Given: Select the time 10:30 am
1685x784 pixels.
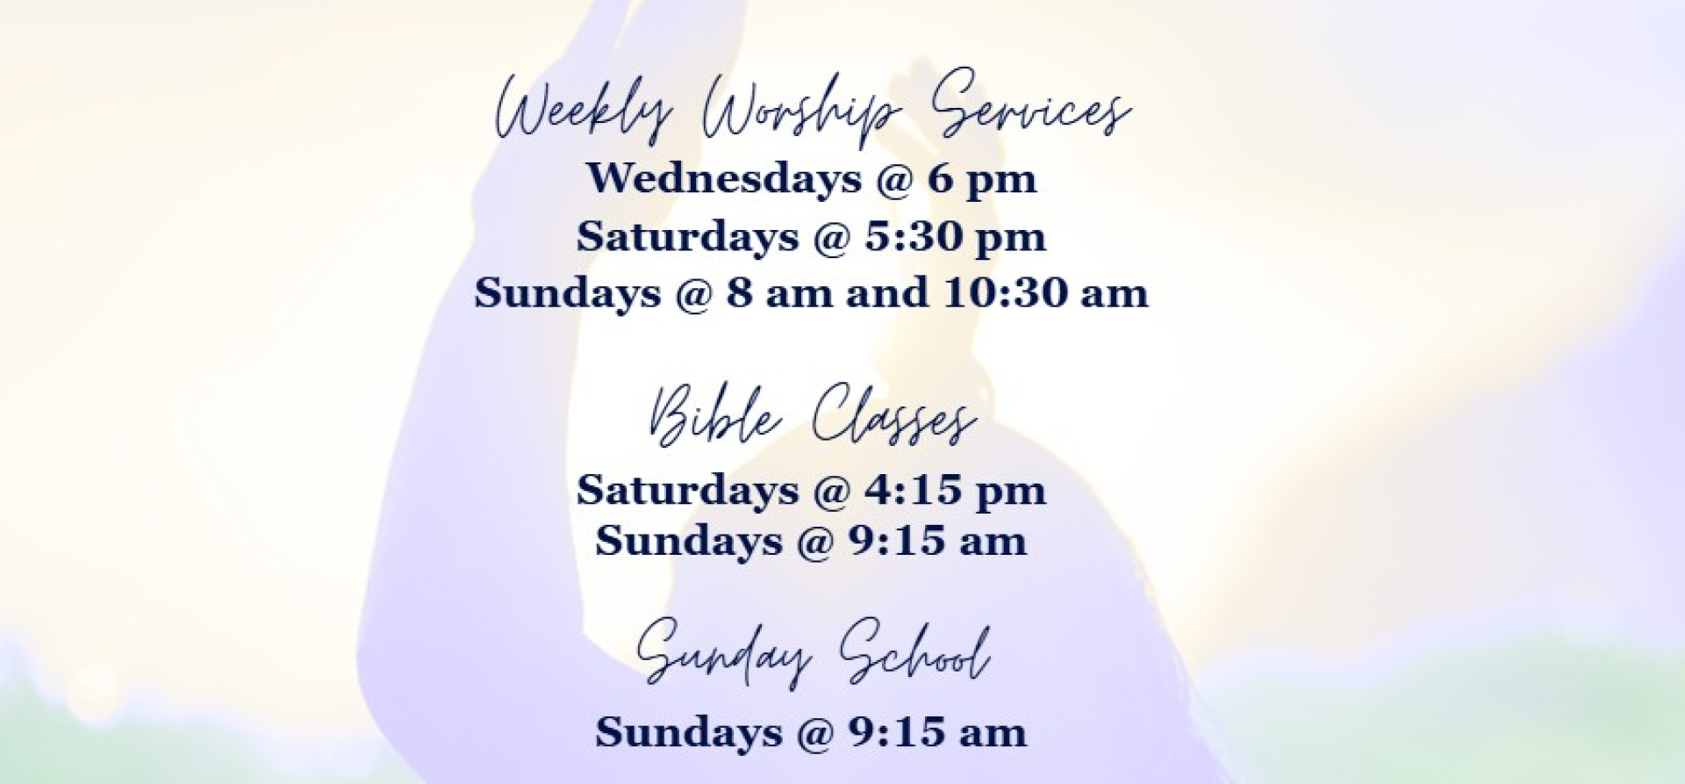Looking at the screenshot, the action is (x=1046, y=293).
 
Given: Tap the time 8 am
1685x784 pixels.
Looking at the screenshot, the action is (x=778, y=294).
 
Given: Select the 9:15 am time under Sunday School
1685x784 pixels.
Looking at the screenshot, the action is (x=936, y=732).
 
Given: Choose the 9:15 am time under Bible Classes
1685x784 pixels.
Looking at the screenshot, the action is (x=936, y=541).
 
